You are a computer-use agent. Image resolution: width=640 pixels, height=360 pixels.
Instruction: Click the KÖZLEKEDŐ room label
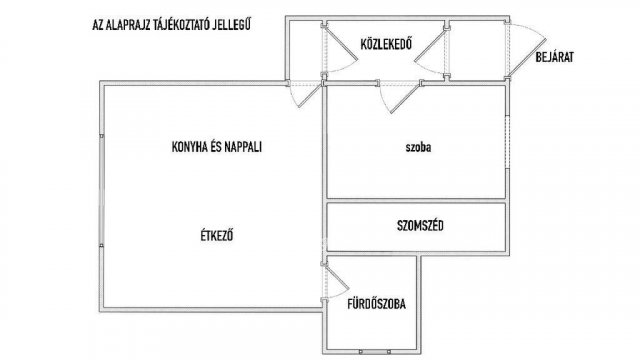(386, 43)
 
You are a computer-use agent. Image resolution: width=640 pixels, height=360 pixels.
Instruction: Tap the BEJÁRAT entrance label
(554, 57)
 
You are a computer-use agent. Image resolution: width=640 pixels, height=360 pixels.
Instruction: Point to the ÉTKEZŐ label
(217, 236)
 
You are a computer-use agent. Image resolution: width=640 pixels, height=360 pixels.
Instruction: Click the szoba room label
(418, 147)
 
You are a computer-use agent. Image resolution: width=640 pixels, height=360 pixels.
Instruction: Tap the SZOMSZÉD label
(420, 226)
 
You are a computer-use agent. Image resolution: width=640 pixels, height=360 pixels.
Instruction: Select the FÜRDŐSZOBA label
(376, 304)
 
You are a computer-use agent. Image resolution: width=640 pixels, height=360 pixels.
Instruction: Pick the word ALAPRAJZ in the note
(128, 25)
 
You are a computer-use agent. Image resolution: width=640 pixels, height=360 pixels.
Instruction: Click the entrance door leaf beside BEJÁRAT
(527, 58)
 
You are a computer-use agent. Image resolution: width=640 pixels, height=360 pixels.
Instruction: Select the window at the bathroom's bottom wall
(375, 351)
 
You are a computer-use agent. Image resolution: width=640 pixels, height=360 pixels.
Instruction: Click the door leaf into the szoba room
(406, 98)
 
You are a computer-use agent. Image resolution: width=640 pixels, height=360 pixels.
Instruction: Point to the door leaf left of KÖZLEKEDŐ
(341, 42)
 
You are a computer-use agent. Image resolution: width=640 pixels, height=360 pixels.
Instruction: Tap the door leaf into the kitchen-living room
(310, 96)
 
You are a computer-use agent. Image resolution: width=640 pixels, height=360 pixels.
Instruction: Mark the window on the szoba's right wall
(507, 142)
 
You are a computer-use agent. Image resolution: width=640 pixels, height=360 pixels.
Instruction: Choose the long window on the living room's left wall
(102, 190)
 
